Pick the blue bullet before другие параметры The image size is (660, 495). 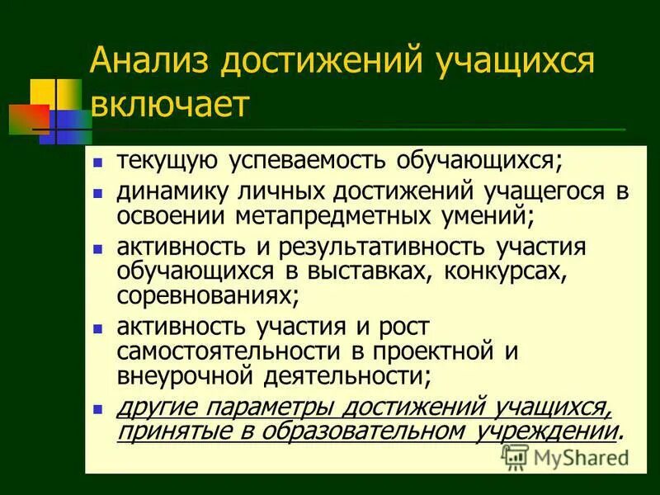point(99,408)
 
